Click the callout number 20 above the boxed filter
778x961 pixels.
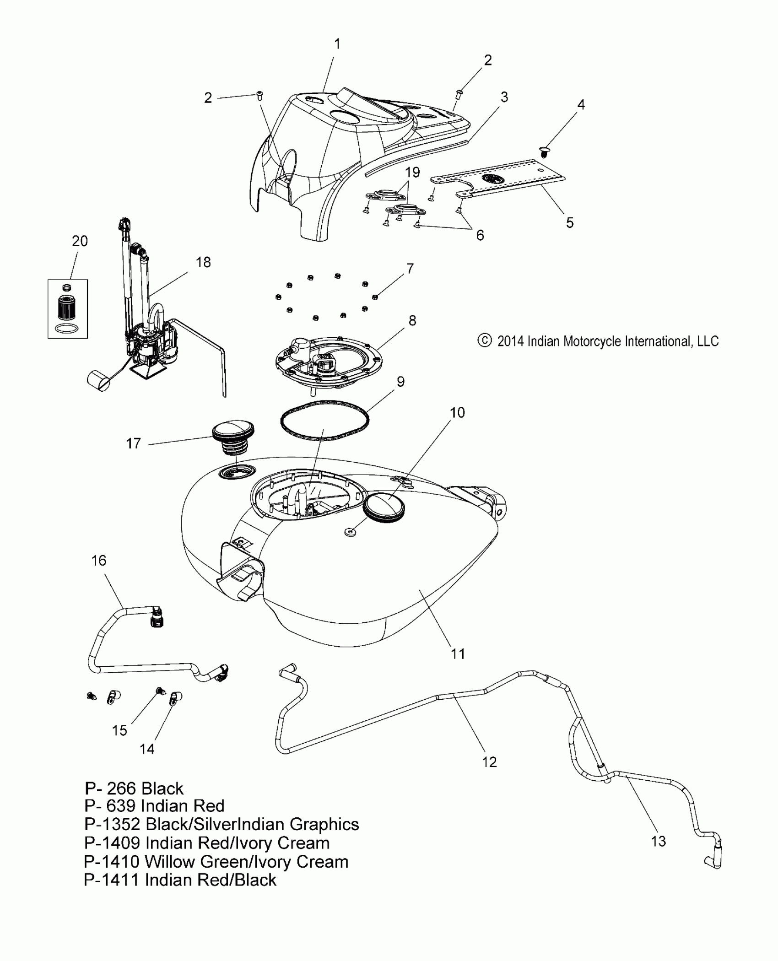pos(80,241)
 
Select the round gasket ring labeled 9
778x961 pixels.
pos(324,421)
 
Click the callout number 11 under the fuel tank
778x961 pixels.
pos(458,654)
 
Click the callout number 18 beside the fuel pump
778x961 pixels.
pos(203,262)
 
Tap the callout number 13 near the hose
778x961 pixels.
pos(658,841)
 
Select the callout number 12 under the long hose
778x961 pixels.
pos(489,762)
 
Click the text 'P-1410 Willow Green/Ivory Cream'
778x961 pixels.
pos(216,862)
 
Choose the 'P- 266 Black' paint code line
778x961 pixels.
pos(134,788)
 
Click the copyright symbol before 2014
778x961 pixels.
pos(484,341)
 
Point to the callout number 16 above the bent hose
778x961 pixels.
pos(99,561)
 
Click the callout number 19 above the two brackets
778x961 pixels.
pos(412,173)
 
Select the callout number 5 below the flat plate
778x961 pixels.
pos(569,223)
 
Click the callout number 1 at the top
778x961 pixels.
pos(337,44)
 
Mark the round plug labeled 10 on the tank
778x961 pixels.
pos(384,509)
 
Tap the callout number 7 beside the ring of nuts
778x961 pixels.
pos(410,269)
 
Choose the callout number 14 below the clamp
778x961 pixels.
pos(147,749)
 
